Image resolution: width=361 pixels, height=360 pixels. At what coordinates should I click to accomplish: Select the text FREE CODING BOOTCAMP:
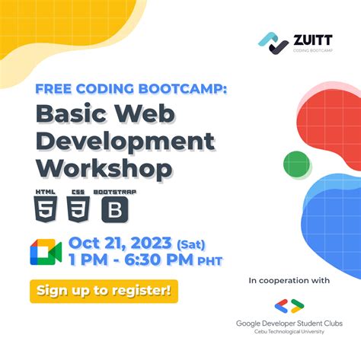pyautogui.click(x=130, y=88)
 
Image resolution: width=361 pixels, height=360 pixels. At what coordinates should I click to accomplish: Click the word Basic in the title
pyautogui.click(x=75, y=115)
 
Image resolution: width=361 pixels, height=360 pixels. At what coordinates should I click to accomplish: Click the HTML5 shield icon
pyautogui.click(x=46, y=206)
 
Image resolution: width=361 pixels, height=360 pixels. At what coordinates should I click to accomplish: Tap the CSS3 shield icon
pyautogui.click(x=77, y=206)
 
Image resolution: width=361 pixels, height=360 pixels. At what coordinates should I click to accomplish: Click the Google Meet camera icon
pyautogui.click(x=46, y=252)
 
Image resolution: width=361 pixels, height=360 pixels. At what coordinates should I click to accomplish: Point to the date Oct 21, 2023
pyautogui.click(x=120, y=244)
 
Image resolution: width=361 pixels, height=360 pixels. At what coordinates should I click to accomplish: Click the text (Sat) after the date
pyautogui.click(x=195, y=244)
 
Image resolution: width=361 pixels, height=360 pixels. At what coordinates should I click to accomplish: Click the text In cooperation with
pyautogui.click(x=289, y=281)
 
